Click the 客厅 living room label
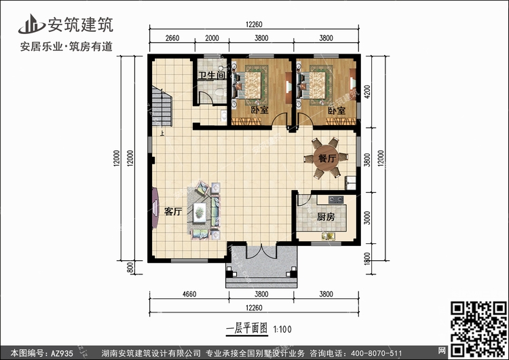click(172, 211)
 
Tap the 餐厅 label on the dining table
click(327, 158)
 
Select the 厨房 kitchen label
click(326, 218)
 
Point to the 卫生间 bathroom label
click(211, 76)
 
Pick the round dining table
click(327, 159)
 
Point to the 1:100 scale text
click(283, 330)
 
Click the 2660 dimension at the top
click(172, 39)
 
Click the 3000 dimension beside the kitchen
click(367, 217)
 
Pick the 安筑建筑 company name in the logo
click(79, 26)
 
